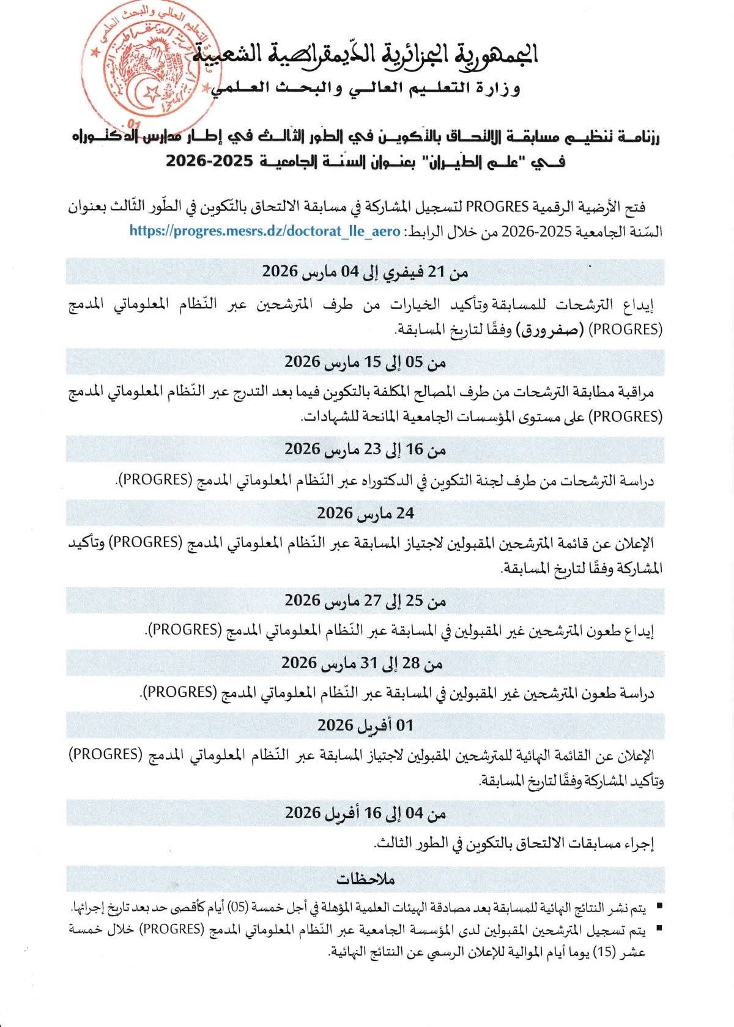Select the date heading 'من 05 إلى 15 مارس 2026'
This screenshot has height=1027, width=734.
point(365,362)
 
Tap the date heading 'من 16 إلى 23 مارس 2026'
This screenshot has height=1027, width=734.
point(365,449)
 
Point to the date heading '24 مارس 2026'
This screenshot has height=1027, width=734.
point(365,513)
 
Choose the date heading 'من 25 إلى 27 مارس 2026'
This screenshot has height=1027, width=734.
point(365,600)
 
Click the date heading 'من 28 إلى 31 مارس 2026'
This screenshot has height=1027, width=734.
point(365,663)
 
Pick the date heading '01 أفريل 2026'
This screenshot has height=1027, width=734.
point(365,726)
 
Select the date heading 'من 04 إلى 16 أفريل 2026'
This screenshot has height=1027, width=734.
point(365,812)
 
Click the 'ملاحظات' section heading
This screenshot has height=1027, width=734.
point(365,880)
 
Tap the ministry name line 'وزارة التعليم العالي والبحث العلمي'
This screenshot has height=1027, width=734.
point(365,89)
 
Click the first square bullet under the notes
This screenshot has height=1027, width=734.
point(659,905)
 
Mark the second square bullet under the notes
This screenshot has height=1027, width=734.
point(659,929)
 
